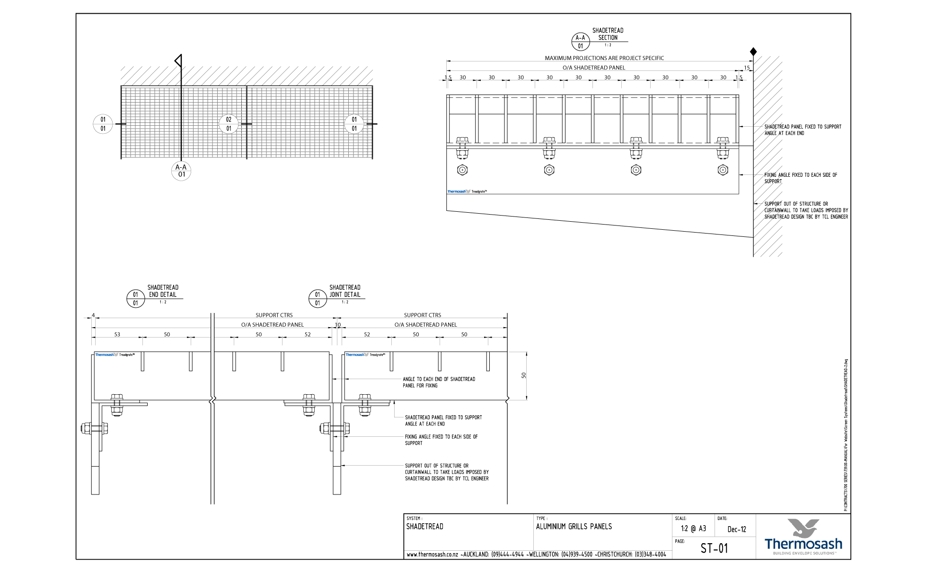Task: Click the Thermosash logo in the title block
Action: (x=803, y=537)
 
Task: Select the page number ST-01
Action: (x=714, y=548)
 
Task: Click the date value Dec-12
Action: (x=736, y=529)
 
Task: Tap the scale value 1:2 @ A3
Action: (x=693, y=529)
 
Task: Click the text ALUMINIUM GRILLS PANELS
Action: (x=574, y=527)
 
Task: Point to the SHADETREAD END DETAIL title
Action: (x=163, y=291)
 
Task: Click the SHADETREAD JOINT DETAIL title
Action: (x=344, y=291)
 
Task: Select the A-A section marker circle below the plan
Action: (x=181, y=171)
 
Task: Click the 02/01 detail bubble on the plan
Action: (x=229, y=124)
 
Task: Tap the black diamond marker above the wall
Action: (x=753, y=52)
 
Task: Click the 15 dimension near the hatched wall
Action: (x=747, y=68)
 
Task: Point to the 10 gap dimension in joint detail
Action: (x=338, y=325)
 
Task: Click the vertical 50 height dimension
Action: (x=524, y=375)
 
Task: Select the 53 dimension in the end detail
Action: (x=117, y=334)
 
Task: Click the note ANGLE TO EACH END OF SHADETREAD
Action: (x=439, y=379)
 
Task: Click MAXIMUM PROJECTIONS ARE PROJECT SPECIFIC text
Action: (x=604, y=58)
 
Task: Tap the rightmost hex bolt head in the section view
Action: (x=723, y=170)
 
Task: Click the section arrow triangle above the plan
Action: (x=178, y=61)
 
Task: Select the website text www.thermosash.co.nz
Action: (x=432, y=555)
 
